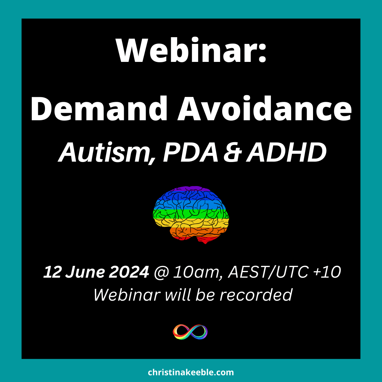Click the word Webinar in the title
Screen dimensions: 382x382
pos(186,50)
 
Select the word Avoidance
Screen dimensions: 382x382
pos(265,108)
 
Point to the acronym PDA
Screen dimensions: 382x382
pos(191,152)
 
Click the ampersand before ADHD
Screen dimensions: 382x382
pos(233,152)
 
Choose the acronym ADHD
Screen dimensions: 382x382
pos(286,152)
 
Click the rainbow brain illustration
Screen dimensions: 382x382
pos(191,214)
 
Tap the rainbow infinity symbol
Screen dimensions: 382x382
pos(190,331)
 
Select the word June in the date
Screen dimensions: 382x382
pos(85,272)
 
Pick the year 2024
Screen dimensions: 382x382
pos(129,272)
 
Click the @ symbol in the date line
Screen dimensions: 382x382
pos(161,272)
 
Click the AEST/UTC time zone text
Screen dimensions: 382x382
pos(268,272)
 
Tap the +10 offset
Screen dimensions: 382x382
pos(327,272)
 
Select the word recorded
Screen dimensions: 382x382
pos(256,295)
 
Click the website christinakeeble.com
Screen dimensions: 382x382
pos(191,372)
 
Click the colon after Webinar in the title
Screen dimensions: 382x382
pos(262,54)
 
